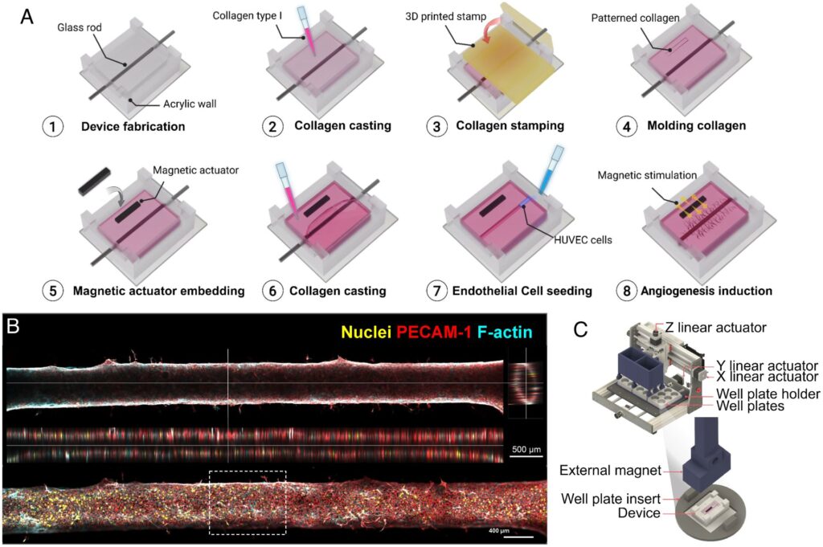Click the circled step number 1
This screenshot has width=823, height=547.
pos(52,126)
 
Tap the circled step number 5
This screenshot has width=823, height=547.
pos(52,291)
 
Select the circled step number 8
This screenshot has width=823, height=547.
pos(626,291)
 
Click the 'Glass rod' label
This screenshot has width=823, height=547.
pos(80,27)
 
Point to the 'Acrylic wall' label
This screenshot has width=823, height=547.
pos(190,104)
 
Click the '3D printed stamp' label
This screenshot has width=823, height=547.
pos(445,16)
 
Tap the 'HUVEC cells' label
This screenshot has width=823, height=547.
pos(583,240)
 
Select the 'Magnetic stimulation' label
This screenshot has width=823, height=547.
pos(647,175)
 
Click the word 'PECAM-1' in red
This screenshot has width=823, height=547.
pos(434,332)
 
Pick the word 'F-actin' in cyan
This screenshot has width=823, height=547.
pos(505,332)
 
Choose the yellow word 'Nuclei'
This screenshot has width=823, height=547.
pos(366,332)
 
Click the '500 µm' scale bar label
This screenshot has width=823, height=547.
pos(526,450)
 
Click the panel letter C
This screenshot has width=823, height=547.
pos(580,329)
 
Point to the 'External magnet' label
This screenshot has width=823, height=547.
pos(610,471)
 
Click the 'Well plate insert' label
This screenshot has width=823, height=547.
pos(611,498)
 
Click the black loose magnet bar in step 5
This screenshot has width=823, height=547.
pos(96,182)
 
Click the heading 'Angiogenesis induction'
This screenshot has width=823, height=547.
pos(706,291)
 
